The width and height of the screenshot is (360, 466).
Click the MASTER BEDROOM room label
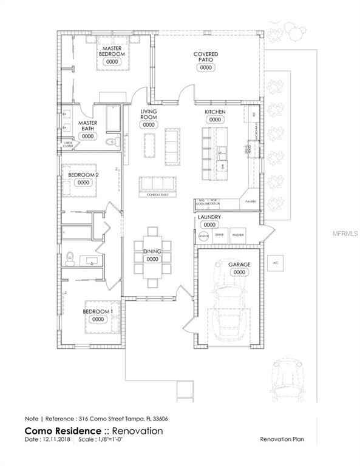(x=112, y=51)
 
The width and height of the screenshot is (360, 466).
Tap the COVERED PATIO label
(x=206, y=57)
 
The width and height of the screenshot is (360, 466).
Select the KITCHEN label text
(x=215, y=113)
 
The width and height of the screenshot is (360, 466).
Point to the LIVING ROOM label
(x=149, y=115)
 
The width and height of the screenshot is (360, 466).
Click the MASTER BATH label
(x=88, y=126)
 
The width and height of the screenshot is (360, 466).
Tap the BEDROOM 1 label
(x=98, y=312)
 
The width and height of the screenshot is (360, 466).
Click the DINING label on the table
(x=152, y=251)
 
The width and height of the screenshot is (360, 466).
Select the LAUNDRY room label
(x=209, y=217)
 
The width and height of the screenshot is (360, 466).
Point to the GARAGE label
(x=239, y=265)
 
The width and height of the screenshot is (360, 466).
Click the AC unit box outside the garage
(x=275, y=263)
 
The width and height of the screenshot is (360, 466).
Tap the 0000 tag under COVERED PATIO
(x=206, y=68)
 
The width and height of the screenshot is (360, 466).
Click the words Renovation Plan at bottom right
(x=281, y=439)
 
